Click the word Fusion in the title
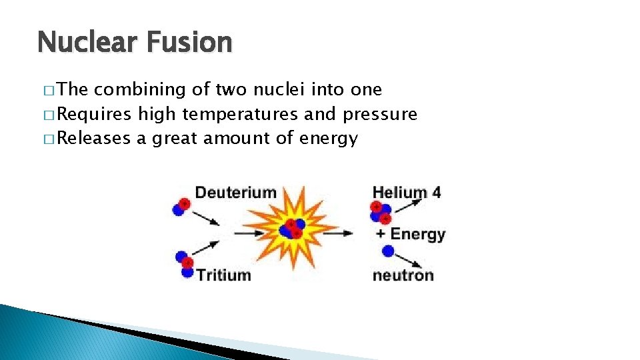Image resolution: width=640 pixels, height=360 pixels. click(191, 43)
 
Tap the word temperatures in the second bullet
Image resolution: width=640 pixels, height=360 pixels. click(240, 115)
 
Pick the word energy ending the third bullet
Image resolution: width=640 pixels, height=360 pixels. click(329, 139)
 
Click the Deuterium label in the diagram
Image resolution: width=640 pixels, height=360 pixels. click(235, 193)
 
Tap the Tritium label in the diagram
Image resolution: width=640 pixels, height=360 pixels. click(223, 275)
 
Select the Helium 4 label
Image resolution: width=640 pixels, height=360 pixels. click(407, 193)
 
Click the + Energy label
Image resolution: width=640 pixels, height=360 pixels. click(410, 234)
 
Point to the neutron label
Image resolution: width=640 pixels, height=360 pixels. click(403, 275)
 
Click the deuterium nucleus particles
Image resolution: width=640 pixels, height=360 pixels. click(181, 205)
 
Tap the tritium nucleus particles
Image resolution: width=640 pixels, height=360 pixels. click(185, 264)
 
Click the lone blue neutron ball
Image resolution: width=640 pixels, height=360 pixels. click(387, 251)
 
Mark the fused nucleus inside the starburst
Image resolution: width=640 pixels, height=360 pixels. click(291, 229)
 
